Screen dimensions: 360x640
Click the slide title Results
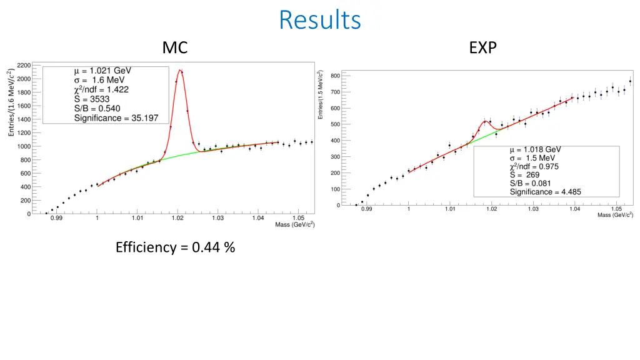pos(319,20)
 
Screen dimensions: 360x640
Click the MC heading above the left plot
pos(175,47)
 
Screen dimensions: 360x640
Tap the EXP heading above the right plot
pos(482,47)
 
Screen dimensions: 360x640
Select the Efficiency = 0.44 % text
pos(175,247)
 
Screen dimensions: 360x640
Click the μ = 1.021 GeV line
pos(102,70)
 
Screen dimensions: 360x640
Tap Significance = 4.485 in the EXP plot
pos(545,192)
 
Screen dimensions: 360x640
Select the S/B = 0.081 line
pos(530,184)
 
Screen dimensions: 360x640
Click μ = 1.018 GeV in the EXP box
pos(535,150)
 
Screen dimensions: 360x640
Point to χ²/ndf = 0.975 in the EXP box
pos(534,167)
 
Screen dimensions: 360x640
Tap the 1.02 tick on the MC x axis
pos(177,218)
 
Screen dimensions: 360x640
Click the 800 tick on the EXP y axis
pos(335,76)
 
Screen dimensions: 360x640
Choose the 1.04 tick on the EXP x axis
pos(574,209)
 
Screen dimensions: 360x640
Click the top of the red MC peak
pos(180,70)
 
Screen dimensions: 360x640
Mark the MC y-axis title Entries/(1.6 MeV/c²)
pos(11,102)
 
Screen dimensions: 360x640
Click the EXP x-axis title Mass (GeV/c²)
pos(615,215)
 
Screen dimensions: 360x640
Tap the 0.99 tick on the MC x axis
pos(56,218)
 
